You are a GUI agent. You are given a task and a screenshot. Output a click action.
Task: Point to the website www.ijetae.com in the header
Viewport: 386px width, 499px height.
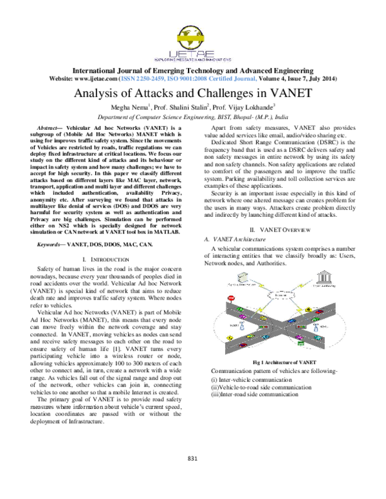coord(102,78)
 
